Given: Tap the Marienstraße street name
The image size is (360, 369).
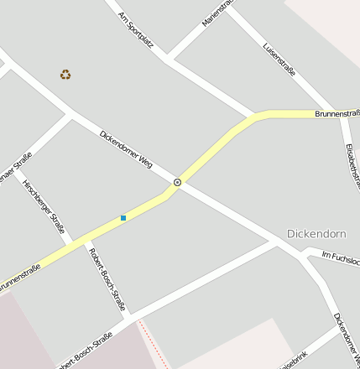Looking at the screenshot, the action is pyautogui.click(x=216, y=14).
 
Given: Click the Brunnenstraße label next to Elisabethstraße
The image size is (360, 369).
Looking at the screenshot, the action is pyautogui.click(x=337, y=112).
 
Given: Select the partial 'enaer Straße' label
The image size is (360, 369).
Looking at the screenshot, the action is pyautogui.click(x=16, y=165).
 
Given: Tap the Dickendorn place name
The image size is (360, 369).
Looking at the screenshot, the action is pyautogui.click(x=316, y=233).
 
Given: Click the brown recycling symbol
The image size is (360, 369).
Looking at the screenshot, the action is pyautogui.click(x=65, y=75).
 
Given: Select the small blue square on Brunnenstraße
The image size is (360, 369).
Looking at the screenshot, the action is pyautogui.click(x=123, y=218).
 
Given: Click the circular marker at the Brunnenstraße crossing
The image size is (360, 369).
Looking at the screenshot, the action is pyautogui.click(x=177, y=182).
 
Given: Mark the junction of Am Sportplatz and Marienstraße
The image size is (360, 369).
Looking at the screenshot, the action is pyautogui.click(x=168, y=60).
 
